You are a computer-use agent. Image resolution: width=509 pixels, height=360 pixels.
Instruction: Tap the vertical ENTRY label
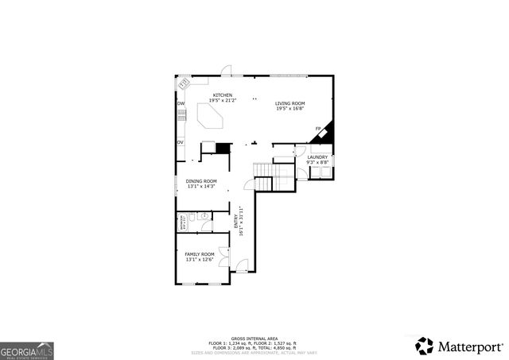pos(239,219)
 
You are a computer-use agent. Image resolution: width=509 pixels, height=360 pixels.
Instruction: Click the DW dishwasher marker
pos(181,104)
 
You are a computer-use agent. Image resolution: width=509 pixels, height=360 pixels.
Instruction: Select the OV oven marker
pos(181,142)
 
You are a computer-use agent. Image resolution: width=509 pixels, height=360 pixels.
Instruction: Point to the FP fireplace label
pos(318,129)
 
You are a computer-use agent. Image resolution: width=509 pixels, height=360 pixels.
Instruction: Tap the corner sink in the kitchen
pos(184,82)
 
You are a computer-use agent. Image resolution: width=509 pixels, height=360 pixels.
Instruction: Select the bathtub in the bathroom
pos(182,222)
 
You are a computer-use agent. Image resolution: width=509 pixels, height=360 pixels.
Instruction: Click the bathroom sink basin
pos(204,215)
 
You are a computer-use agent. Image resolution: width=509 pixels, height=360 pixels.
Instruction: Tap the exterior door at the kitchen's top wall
pos(226,72)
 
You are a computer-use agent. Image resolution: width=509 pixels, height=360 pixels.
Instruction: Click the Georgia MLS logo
pos(26,350)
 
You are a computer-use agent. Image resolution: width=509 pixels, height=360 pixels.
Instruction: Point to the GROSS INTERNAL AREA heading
pos(253,338)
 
